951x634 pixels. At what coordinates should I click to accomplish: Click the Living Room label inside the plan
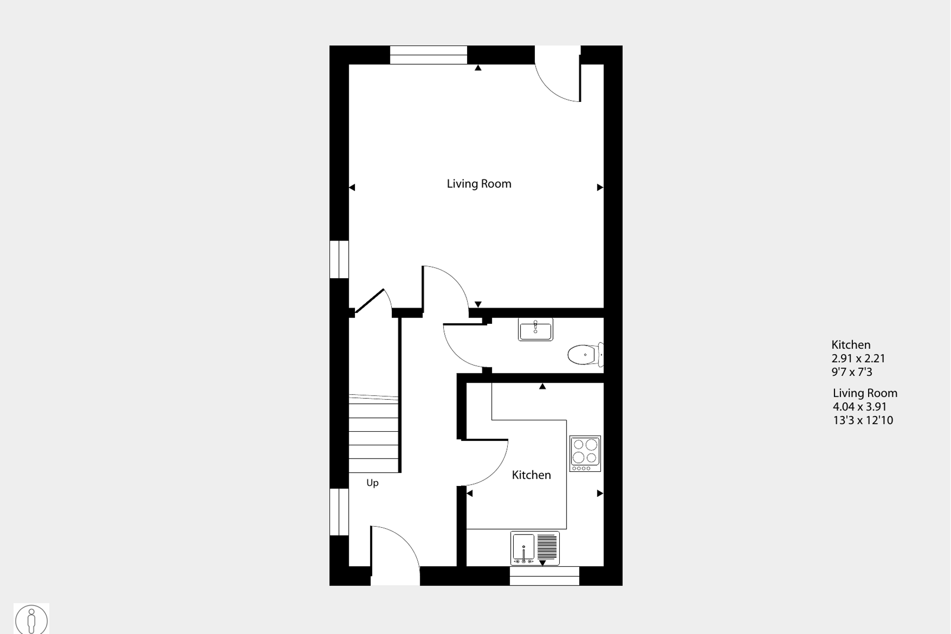[478, 184]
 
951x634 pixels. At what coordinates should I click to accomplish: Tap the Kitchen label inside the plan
[531, 475]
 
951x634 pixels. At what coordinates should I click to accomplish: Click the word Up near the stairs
[372, 483]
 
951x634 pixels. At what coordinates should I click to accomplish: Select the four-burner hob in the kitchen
[585, 453]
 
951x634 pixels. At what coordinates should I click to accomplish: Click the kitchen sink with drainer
[534, 548]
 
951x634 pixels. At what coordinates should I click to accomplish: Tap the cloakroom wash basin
[535, 329]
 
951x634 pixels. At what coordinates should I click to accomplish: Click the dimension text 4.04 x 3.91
[859, 407]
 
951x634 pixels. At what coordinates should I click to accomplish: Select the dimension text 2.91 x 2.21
[858, 359]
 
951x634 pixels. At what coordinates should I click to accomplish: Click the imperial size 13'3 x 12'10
[863, 420]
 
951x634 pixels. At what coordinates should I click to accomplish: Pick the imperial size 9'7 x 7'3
[852, 372]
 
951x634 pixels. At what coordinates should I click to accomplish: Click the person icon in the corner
[31, 619]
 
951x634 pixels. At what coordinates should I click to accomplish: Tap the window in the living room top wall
[428, 55]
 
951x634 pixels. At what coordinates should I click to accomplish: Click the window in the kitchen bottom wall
[544, 576]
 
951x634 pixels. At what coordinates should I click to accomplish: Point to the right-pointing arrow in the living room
[599, 187]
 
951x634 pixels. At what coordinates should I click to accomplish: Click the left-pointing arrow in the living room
[352, 187]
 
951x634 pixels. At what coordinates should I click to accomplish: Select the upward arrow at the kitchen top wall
[542, 387]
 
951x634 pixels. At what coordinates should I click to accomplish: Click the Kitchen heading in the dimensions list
[851, 345]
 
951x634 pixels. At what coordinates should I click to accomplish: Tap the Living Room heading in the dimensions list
[865, 393]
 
